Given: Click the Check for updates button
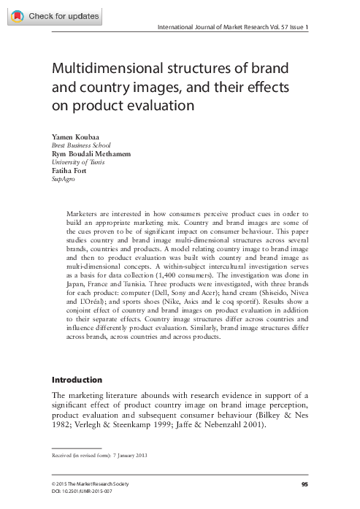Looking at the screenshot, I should pyautogui.click(x=55, y=16).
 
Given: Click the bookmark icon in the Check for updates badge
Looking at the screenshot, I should pyautogui.click(x=17, y=16).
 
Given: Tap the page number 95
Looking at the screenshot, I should pyautogui.click(x=305, y=484).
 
